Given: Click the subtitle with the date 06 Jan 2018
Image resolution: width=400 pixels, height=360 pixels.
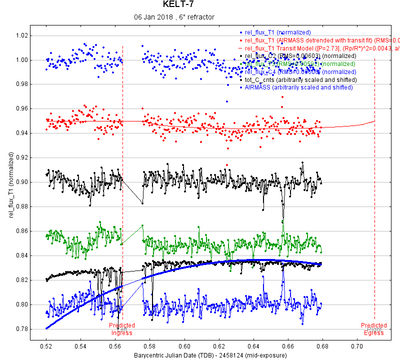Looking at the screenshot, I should [174, 17].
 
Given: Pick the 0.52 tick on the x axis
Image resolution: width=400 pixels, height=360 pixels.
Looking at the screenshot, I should [46, 345].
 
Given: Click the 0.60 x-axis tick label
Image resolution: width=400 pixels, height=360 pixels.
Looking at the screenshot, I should [184, 345].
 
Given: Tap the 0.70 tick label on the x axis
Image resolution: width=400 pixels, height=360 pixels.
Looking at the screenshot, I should [357, 345].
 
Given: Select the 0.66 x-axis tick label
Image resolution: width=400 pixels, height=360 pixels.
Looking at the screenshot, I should [288, 345].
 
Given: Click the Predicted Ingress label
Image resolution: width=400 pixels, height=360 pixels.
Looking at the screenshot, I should [122, 329].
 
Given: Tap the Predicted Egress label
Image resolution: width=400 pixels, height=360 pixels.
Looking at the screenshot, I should [374, 329].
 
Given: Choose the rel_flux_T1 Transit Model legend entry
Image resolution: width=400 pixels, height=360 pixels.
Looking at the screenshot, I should [320, 48].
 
